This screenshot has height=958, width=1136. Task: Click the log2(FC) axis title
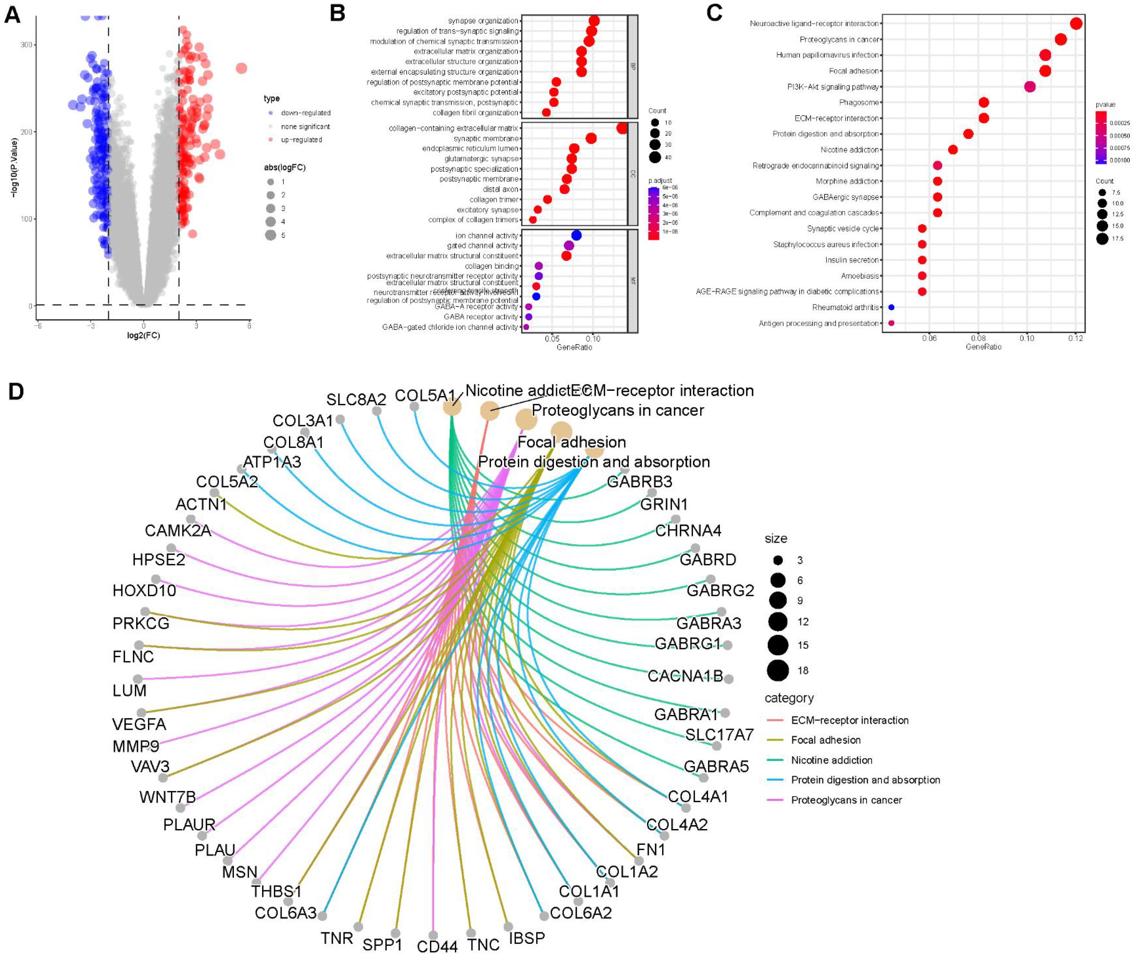pos(143,336)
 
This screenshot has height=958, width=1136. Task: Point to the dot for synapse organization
pos(594,21)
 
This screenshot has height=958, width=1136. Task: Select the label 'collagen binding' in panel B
pos(491,266)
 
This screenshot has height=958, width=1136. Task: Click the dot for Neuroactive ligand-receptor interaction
pos(1076,23)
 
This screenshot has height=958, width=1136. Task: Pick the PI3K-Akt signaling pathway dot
pos(1029,87)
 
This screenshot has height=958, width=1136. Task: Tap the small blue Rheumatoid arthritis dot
pos(891,308)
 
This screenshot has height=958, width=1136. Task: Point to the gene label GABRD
pos(708,559)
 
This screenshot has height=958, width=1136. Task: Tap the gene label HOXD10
pos(144,590)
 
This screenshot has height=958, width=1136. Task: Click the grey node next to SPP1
pos(396,933)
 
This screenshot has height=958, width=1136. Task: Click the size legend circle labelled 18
pos(778,670)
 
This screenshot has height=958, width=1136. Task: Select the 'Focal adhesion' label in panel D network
pos(571,442)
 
